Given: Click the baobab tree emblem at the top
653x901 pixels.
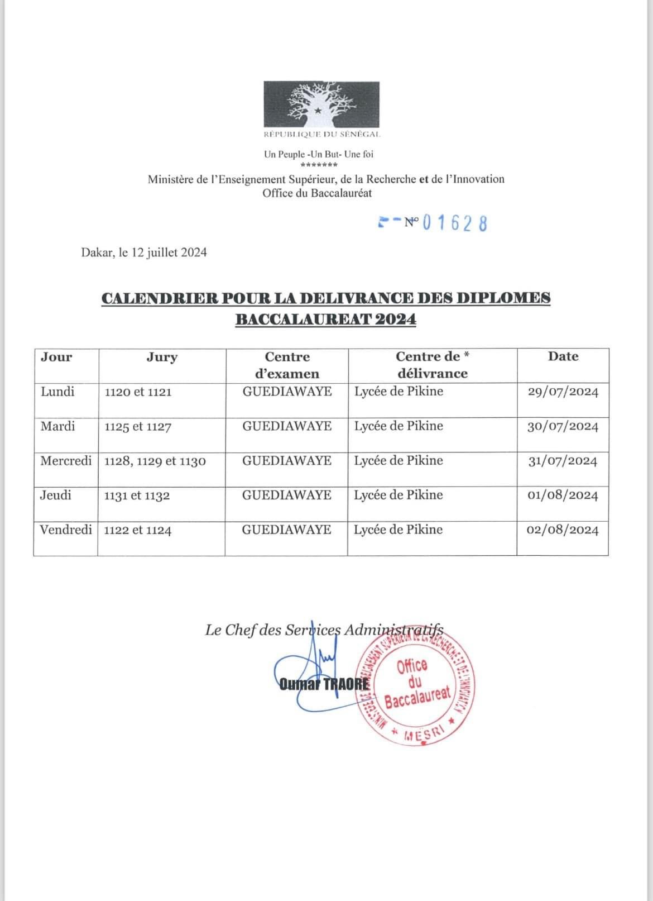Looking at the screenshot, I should pos(321,104).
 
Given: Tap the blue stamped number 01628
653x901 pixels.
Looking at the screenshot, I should pos(454,223).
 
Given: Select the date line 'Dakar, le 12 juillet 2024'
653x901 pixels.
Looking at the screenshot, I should pos(144,252).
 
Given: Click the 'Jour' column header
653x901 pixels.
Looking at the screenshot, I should pos(56,357).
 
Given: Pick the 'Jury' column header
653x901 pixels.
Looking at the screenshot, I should pos(162,357).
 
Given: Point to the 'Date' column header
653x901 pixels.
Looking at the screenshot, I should pos(563,356).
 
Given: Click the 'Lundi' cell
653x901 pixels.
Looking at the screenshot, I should pos(57,392).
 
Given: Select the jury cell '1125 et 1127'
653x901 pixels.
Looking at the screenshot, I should pos(138,427).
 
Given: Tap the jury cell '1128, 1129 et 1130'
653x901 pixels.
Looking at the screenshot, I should pos(155,461).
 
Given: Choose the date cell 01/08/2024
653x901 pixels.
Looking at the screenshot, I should pos(563,495).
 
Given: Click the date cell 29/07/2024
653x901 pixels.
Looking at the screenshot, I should pos(563,392).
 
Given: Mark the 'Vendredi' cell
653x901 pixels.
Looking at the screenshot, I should pos(66,530).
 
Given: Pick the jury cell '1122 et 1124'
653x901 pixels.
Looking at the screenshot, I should pos(138,530).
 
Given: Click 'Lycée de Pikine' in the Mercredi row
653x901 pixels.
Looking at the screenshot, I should pos(398,461).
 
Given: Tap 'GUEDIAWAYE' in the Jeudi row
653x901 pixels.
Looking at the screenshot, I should pos(287,495).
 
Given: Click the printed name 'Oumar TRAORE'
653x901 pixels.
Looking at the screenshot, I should pos(324,684).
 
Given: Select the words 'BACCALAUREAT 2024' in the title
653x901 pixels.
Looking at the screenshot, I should pos(325,320).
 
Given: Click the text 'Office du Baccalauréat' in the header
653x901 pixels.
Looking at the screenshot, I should pos(317,193).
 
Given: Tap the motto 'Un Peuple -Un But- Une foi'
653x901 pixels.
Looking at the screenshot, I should pos(319,154).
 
